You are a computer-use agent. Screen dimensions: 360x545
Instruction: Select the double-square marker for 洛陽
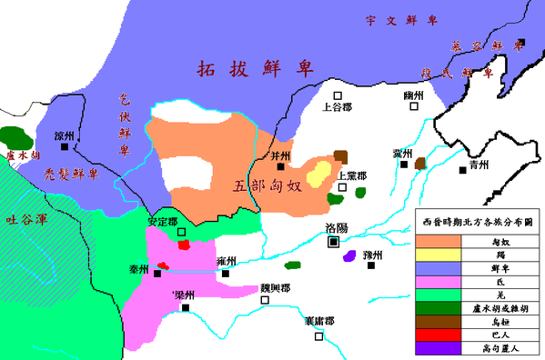tap(334, 243)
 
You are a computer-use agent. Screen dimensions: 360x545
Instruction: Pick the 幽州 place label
tap(415, 108)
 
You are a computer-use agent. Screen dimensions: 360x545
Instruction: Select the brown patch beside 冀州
tap(420, 164)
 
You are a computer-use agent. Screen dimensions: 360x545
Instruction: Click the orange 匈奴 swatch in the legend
tap(440, 241)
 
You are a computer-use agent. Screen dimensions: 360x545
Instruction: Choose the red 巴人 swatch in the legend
tap(440, 331)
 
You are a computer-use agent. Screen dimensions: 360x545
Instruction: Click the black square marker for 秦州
tap(157, 272)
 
